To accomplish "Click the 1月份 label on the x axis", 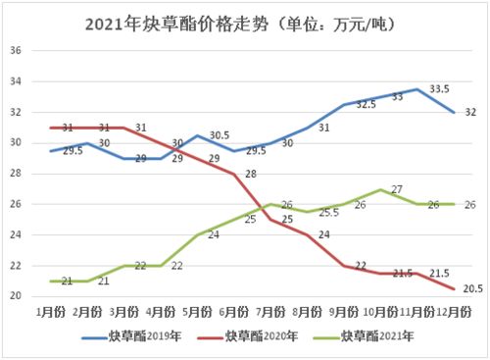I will point(50,310).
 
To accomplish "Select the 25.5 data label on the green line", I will point(329,212).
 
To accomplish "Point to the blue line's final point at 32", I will point(455,112).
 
